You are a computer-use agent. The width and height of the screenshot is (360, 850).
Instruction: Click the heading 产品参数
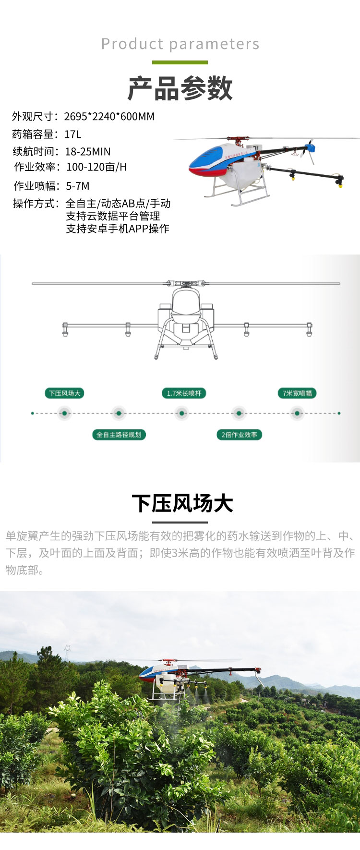(180, 88)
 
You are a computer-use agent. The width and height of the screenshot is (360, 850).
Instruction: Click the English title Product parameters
(180, 44)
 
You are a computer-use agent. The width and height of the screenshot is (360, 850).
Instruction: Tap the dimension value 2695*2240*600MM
(109, 117)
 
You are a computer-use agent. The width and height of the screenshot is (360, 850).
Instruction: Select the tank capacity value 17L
(73, 134)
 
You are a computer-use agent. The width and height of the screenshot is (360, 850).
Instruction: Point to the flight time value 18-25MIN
(88, 152)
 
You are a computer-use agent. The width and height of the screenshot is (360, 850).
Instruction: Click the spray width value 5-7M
(78, 186)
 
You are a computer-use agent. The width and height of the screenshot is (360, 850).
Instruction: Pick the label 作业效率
(35, 167)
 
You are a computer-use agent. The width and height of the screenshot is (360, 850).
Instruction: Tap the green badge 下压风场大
(64, 393)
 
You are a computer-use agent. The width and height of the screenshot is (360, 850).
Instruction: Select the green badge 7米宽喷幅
(297, 393)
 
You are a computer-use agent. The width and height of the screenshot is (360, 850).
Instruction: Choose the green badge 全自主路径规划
(119, 435)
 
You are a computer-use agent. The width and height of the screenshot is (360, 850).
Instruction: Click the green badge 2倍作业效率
(239, 435)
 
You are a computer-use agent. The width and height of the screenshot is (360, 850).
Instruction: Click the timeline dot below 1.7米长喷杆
(181, 413)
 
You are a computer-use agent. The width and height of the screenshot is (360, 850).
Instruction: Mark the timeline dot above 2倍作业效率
(239, 413)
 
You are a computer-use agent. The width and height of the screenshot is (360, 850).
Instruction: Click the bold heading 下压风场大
(182, 504)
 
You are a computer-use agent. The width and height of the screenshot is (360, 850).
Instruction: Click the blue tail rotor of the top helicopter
(310, 149)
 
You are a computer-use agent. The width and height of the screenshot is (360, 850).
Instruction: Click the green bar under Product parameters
(180, 62)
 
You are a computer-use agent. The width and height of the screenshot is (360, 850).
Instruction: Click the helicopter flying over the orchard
(192, 677)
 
